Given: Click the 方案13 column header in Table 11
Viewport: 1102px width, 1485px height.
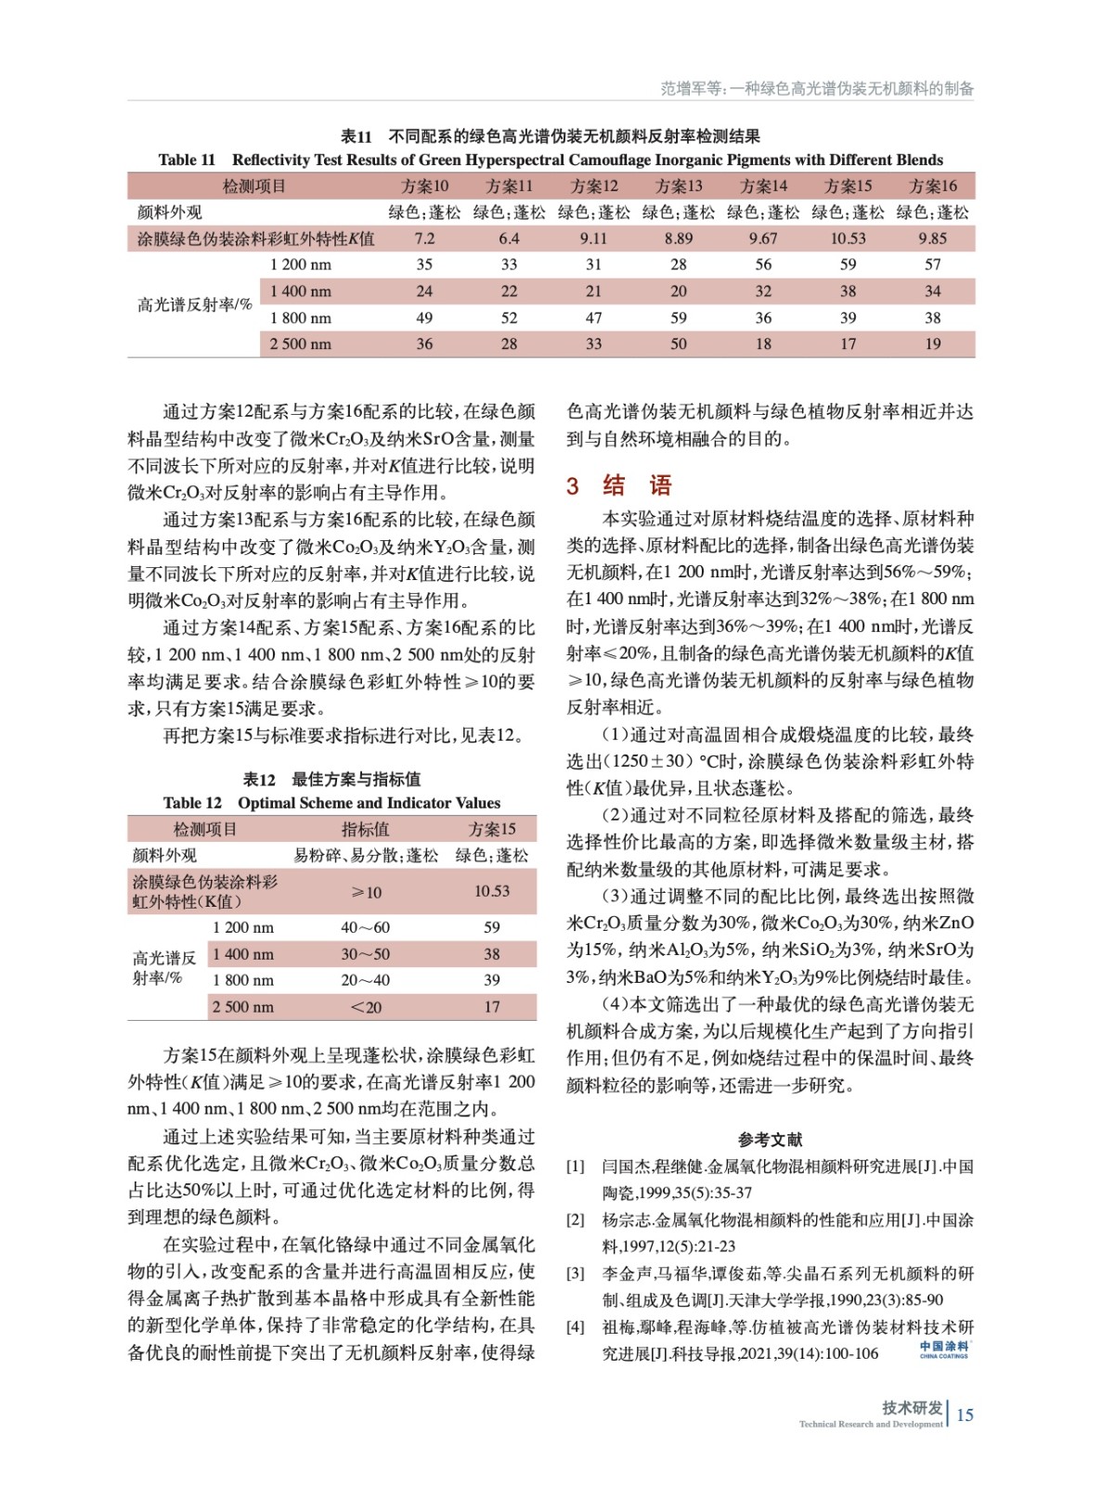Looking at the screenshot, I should click(679, 186).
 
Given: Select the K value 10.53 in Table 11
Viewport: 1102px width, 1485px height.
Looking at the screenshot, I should click(848, 239).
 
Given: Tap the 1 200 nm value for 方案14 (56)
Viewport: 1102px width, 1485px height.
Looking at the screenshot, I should click(763, 265).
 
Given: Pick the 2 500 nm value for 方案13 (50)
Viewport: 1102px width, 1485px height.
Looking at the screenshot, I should click(679, 344).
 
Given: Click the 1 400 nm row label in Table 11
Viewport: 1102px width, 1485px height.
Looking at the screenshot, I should click(300, 291).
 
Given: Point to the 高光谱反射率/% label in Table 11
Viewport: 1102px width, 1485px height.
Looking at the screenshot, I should click(194, 304).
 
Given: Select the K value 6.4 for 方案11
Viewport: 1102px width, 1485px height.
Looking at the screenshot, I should click(509, 239).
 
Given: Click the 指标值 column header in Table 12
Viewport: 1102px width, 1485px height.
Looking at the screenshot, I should click(366, 829).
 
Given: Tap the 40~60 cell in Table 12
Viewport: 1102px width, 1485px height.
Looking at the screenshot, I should click(366, 927).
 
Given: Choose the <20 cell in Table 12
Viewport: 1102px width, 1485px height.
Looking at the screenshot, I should click(366, 1007).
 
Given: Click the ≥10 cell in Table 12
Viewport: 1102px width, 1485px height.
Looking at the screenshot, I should click(366, 892).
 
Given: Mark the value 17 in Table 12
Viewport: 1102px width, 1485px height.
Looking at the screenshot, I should click(492, 1007).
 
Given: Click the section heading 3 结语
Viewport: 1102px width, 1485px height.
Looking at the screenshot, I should click(619, 484).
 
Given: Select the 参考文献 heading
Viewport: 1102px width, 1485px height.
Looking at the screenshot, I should click(770, 1140).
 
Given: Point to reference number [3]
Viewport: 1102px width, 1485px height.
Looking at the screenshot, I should click(576, 1273).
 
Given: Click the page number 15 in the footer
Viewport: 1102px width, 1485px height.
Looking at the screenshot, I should click(966, 1414).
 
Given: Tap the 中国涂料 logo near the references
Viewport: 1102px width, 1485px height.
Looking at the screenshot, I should click(944, 1349).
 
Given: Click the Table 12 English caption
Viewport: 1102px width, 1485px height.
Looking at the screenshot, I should click(331, 803).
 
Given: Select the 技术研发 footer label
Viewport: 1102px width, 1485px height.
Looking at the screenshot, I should click(912, 1407).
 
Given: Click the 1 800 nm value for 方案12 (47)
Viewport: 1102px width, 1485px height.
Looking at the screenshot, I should click(593, 318).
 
